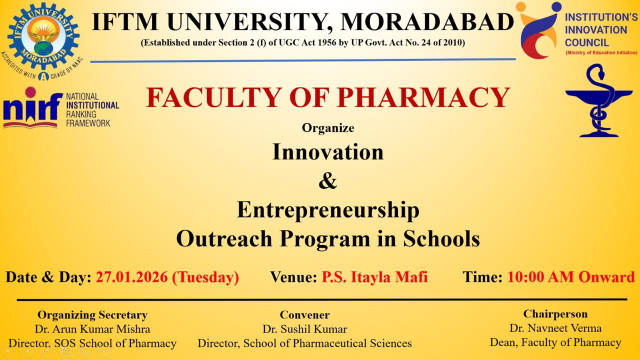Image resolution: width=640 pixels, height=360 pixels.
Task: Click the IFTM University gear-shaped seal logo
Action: click(x=44, y=35)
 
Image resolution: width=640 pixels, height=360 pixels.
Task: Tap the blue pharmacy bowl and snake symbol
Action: click(x=591, y=101)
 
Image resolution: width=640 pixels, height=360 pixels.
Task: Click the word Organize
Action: click(x=328, y=128)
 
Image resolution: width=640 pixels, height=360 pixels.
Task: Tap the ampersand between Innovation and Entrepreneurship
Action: click(x=327, y=181)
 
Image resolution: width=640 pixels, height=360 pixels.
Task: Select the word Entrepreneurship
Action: click(x=328, y=210)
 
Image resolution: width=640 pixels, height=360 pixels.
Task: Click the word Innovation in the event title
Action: click(x=328, y=152)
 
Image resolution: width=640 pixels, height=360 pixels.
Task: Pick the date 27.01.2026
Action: click(x=131, y=276)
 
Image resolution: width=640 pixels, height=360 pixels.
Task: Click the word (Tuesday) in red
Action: click(x=205, y=276)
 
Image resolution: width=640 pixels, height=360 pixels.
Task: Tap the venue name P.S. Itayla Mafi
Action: click(x=374, y=276)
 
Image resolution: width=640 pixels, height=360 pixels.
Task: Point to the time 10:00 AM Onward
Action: click(x=570, y=276)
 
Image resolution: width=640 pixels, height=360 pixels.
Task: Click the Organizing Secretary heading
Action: click(x=92, y=315)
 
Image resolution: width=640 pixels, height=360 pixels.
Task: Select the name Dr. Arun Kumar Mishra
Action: click(x=92, y=329)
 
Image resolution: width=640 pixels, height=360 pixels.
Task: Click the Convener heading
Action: click(x=304, y=315)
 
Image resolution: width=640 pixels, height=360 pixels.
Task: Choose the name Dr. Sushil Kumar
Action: click(x=304, y=329)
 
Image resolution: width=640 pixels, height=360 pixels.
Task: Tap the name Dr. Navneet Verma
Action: click(x=555, y=328)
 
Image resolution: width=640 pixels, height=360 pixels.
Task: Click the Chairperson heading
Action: click(x=555, y=314)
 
